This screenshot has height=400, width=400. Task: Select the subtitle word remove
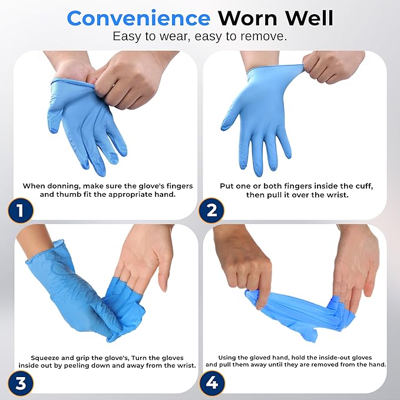265,36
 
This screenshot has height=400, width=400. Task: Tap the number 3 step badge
21,384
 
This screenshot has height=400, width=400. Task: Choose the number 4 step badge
211,384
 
